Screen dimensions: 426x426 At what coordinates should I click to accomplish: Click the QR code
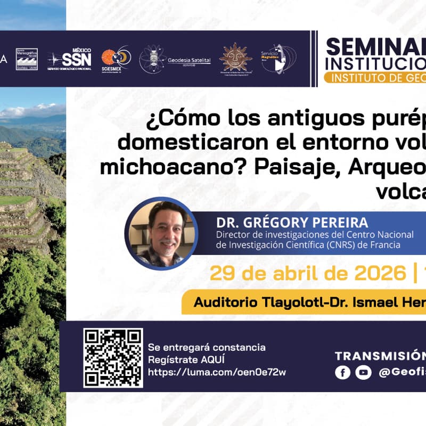pyautogui.click(x=113, y=357)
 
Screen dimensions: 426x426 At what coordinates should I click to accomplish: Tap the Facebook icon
pyautogui.click(x=342, y=372)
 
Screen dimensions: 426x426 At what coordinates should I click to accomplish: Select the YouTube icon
pyautogui.click(x=363, y=372)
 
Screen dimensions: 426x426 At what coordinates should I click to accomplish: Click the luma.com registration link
pyautogui.click(x=217, y=372)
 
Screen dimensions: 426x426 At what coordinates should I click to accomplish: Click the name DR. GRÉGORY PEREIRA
pyautogui.click(x=292, y=222)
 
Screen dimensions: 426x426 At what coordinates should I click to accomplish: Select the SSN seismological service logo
pyautogui.click(x=70, y=59)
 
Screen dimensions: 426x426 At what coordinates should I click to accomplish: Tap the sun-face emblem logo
pyautogui.click(x=235, y=58)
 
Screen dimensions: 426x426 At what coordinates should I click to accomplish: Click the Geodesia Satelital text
pyautogui.click(x=189, y=60)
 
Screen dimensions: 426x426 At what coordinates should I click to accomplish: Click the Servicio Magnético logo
pyautogui.click(x=277, y=58)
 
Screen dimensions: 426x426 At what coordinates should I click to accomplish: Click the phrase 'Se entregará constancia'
pyautogui.click(x=207, y=347)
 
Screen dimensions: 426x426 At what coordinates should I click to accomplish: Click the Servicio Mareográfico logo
pyautogui.click(x=27, y=59)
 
